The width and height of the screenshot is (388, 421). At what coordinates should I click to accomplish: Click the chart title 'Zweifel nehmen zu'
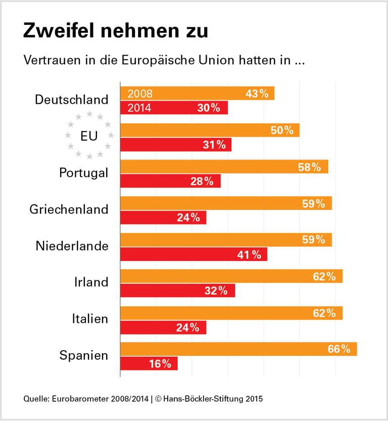(x=115, y=31)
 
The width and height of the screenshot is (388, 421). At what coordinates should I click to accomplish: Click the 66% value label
(x=338, y=349)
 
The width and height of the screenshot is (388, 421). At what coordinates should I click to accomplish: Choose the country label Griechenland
(x=69, y=209)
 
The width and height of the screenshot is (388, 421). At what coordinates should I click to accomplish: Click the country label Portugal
(x=83, y=173)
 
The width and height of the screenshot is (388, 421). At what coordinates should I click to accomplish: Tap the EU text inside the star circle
(x=89, y=136)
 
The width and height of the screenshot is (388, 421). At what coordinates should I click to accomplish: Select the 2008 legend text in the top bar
(x=140, y=94)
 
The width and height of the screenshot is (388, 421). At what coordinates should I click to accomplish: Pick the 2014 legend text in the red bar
(x=140, y=108)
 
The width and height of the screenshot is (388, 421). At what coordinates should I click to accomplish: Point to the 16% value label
(x=160, y=363)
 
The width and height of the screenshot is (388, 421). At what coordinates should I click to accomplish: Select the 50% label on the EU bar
(x=282, y=130)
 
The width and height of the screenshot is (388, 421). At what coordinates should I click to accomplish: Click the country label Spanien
(x=84, y=355)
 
